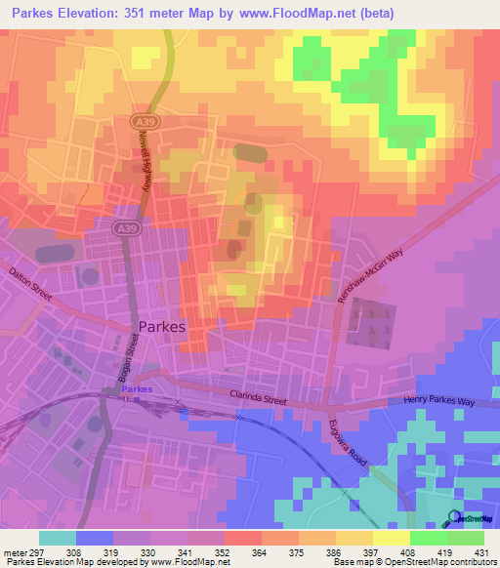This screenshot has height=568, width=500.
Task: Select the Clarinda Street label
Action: tap(260, 397)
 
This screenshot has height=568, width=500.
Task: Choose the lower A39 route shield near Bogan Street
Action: tap(124, 228)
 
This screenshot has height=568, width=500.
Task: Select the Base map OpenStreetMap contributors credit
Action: tap(413, 562)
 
